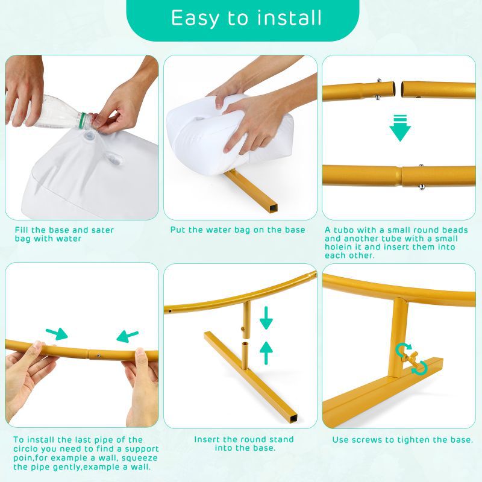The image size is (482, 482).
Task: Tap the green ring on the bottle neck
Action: click(82, 120)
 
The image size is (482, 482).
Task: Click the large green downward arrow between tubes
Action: click(400, 128)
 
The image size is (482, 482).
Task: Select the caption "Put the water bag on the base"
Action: click(237, 230)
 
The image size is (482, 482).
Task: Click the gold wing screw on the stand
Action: click(409, 358)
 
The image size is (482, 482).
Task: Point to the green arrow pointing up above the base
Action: click(266, 353)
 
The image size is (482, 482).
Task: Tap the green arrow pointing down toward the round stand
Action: click(266, 318)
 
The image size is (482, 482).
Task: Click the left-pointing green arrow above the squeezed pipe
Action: click(127, 337)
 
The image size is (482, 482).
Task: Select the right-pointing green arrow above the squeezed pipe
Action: click(57, 334)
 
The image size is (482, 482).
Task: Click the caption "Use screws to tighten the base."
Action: click(402, 440)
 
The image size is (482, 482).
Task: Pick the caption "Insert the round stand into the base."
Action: click(244, 443)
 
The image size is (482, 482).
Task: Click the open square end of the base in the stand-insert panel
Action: click(293, 418)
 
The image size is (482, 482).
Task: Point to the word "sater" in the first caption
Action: click(102, 230)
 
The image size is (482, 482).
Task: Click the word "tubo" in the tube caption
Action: click(343, 230)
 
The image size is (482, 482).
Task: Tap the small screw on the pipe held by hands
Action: click(99, 355)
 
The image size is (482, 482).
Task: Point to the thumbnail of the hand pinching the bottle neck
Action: click(82, 137)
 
